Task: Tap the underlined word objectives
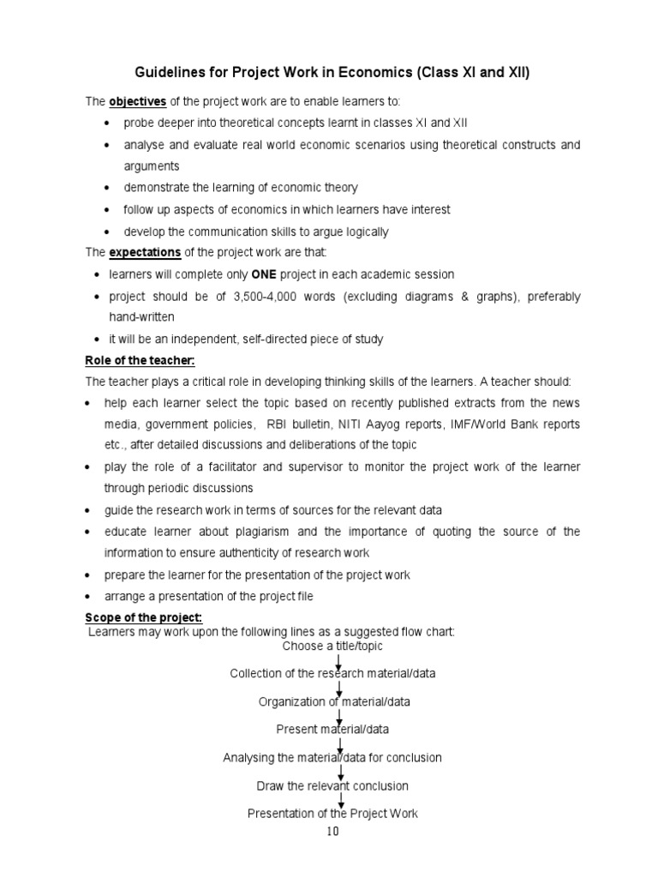139,102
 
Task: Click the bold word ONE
262,274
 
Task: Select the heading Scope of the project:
142,618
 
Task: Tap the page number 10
332,831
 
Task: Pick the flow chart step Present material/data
332,730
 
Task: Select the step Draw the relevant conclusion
332,785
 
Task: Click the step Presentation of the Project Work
332,813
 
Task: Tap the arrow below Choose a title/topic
340,660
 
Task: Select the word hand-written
136,317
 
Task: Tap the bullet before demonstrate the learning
107,189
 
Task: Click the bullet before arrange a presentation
89,597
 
